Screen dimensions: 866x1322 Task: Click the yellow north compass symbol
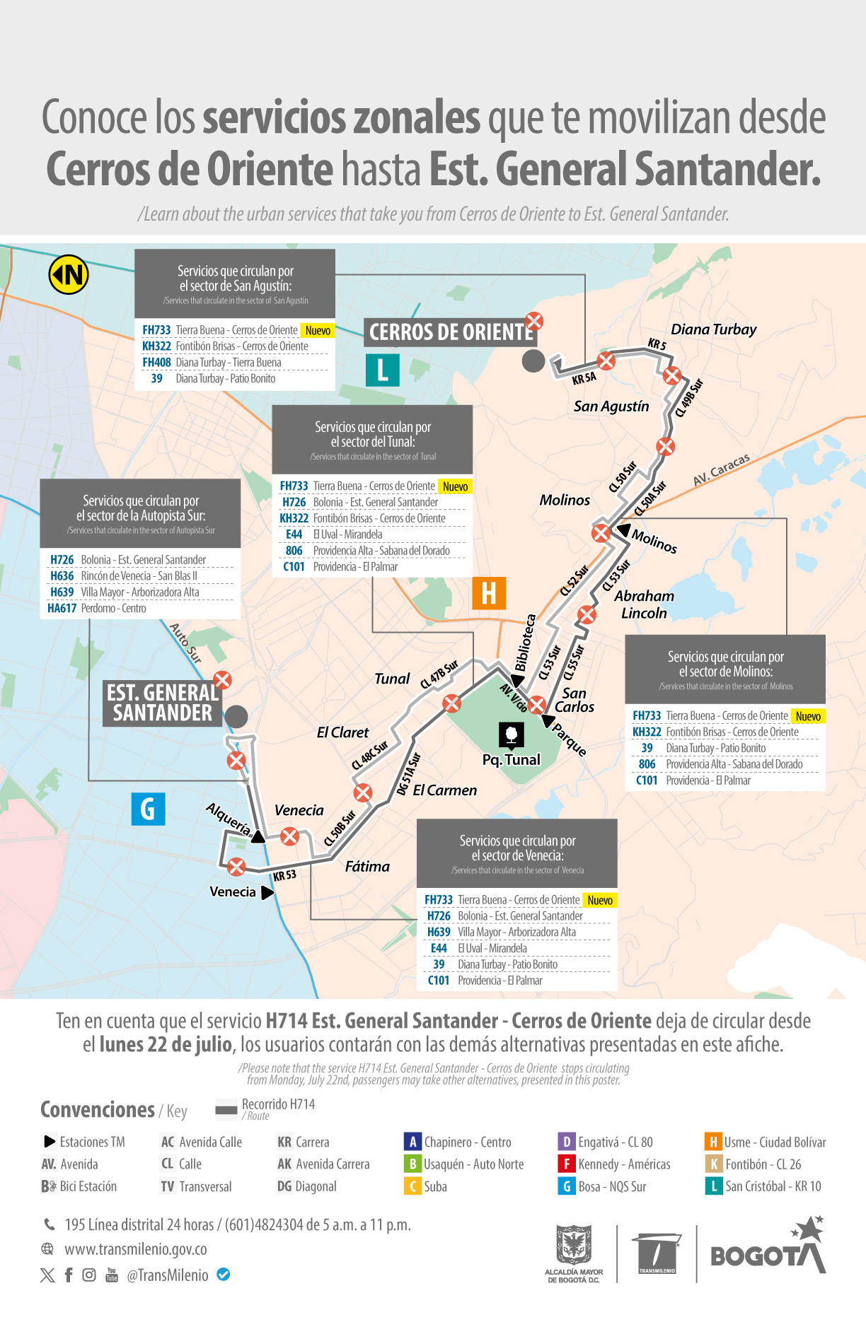click(x=69, y=274)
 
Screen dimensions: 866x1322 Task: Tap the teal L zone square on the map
click(x=382, y=370)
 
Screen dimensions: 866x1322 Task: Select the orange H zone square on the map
click(x=489, y=593)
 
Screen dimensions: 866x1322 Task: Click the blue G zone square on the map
click(x=148, y=809)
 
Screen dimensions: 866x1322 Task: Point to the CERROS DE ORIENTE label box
click(x=450, y=332)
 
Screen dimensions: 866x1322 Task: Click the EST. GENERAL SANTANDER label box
click(x=163, y=703)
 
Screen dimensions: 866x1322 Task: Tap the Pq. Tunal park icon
click(x=511, y=735)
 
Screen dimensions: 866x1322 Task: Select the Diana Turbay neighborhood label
click(x=713, y=329)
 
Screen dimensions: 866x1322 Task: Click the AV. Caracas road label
click(x=721, y=469)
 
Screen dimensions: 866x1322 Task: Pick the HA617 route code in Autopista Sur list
click(x=62, y=608)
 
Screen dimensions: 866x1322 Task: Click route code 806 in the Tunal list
click(x=294, y=551)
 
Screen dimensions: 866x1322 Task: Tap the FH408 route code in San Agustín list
click(x=156, y=363)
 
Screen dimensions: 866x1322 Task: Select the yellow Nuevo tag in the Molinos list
click(x=808, y=716)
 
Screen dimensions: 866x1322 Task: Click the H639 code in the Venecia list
click(x=439, y=932)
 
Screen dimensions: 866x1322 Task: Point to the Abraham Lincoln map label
click(x=644, y=604)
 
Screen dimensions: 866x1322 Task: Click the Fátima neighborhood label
click(x=367, y=866)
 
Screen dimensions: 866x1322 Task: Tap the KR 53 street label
click(x=284, y=875)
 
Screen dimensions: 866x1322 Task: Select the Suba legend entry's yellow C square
click(x=412, y=1186)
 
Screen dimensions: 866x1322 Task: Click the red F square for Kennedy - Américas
click(x=566, y=1164)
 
